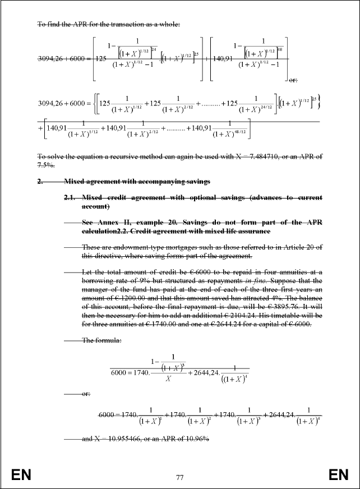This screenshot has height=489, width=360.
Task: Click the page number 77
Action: [180, 478]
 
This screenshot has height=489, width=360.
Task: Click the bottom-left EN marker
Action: [21, 476]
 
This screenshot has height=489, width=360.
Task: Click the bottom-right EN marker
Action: [338, 476]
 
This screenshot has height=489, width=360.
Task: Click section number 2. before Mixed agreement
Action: [40, 181]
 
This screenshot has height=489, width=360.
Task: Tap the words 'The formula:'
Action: [101, 340]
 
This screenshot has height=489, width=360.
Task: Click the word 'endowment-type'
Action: [130, 247]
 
